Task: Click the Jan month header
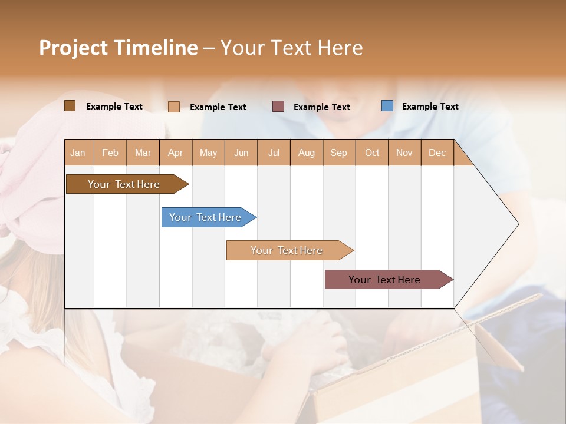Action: coord(78,153)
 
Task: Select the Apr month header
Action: coord(175,153)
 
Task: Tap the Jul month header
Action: coord(274,153)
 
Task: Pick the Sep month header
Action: coord(338,153)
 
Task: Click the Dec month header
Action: coord(437,153)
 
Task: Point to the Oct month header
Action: coord(372,153)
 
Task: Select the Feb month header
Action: coord(110,153)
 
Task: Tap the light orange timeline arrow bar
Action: coord(287,250)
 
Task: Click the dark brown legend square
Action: coord(70,106)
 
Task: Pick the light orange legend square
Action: coord(173,107)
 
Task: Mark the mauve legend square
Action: coord(278,107)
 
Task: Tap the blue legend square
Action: coord(387,106)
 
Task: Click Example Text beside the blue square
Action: coord(430,107)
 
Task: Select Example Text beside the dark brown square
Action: coord(114,107)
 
